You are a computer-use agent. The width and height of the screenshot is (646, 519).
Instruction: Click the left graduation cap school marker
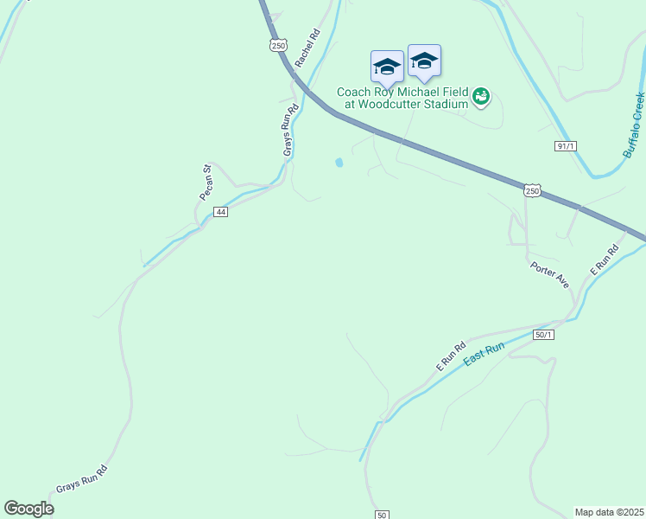387,67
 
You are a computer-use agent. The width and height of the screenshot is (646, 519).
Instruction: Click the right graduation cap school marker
424,61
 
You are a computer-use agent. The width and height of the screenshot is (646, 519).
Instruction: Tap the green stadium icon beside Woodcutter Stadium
482,98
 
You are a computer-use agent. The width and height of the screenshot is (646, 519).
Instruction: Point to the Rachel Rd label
307,48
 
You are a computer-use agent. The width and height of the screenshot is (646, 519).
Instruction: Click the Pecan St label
206,183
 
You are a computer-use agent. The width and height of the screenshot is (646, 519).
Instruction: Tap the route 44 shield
221,212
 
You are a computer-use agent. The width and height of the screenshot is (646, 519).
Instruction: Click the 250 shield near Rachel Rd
278,45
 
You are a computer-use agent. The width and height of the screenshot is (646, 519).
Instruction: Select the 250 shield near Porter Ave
532,190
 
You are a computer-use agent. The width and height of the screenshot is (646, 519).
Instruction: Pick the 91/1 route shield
566,146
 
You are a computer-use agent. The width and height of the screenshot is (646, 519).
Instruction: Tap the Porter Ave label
550,276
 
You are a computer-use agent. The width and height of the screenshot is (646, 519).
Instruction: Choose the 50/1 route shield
543,335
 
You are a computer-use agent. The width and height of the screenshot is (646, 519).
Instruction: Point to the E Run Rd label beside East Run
450,356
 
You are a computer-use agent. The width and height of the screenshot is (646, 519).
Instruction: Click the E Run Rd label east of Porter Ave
605,261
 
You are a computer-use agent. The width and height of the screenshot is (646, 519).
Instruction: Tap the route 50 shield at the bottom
382,515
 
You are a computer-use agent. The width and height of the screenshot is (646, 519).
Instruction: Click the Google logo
28,509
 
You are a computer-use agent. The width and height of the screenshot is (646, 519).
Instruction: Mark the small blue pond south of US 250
339,162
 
